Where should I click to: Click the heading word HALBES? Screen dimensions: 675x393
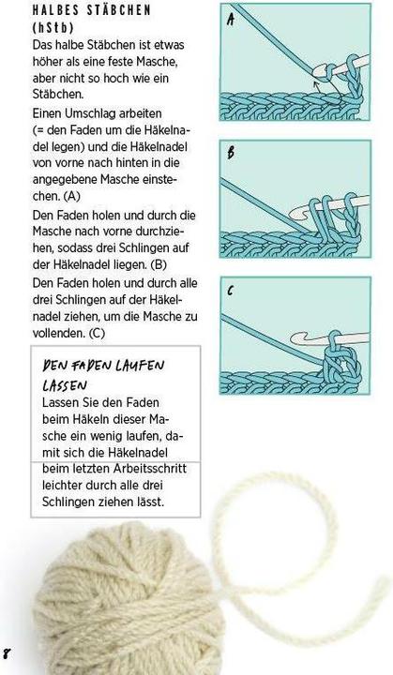tap(55, 9)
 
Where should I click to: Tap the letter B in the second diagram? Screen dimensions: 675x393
tap(231, 154)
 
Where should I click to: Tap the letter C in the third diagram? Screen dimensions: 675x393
tap(231, 291)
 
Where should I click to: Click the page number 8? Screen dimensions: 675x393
tap(7, 652)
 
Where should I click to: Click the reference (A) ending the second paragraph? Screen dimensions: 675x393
tap(72, 198)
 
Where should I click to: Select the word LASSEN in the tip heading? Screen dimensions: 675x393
tap(67, 385)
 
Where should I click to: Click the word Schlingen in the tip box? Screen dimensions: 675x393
tap(71, 502)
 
